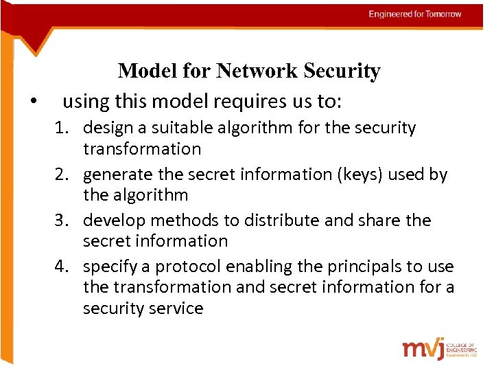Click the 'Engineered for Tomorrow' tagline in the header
click(414, 14)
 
